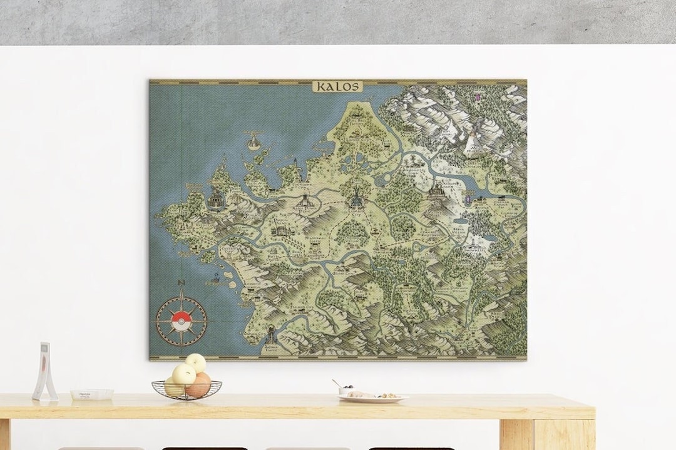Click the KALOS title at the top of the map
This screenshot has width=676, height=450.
[337, 86]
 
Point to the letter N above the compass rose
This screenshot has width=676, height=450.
[181, 283]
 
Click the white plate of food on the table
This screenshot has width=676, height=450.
[373, 397]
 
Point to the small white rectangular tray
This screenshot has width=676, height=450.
[91, 394]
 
